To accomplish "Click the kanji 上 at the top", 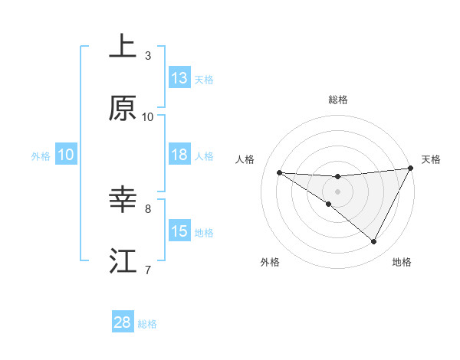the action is [123, 47].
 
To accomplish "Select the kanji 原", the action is [123, 109].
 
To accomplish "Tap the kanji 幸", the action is [123, 201].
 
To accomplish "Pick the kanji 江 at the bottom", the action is [123, 261].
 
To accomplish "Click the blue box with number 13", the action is [179, 78].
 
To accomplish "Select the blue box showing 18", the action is [179, 155].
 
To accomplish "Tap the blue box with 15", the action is [179, 231].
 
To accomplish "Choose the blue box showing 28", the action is [123, 322].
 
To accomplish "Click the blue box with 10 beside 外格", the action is [66, 155].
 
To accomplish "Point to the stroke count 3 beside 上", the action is [148, 56].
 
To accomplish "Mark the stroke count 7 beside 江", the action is [148, 270].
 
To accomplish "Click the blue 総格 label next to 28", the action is [147, 324].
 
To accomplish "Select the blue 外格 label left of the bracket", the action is [41, 156].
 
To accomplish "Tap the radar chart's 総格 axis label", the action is [338, 100].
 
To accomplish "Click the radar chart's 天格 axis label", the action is [431, 159].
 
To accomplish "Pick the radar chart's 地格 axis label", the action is [402, 262].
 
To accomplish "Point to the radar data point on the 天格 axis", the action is [411, 169].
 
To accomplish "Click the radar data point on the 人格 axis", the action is [279, 172].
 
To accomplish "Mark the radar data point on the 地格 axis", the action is [374, 242].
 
